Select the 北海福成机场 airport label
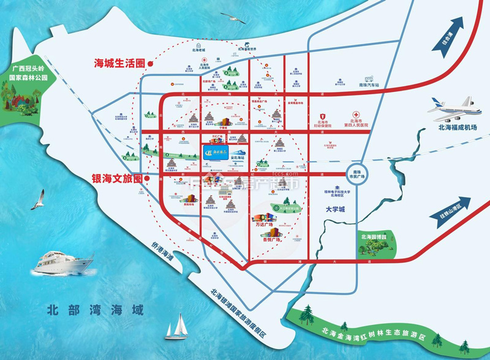pos(450,127)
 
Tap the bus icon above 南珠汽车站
pos(369,80)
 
